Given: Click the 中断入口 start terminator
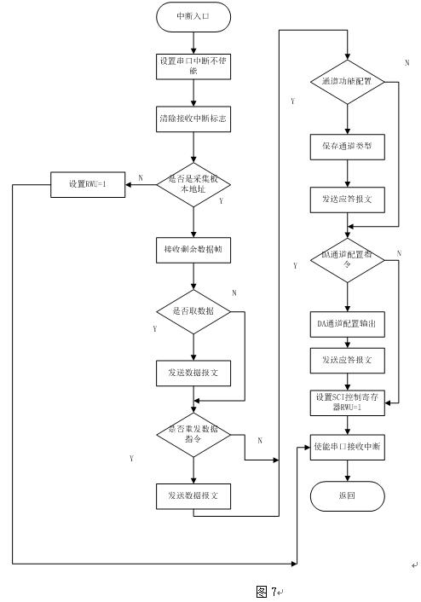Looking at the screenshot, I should [x=193, y=16].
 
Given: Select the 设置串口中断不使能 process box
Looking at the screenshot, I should [x=193, y=66].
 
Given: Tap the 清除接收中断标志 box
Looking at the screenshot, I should [x=193, y=120].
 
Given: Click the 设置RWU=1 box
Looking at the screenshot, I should [x=88, y=184].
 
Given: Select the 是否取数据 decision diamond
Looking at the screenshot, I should [x=193, y=311].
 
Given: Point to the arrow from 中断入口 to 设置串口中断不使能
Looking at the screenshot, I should [x=193, y=40].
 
